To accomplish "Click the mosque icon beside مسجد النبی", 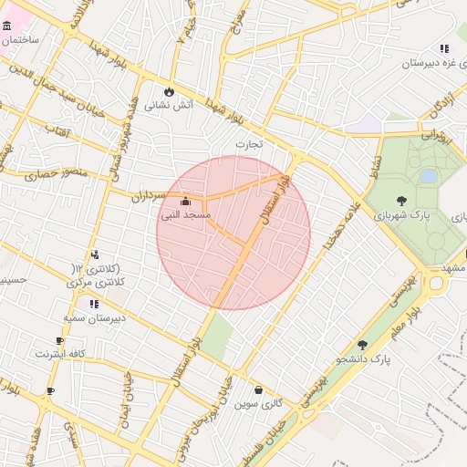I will point(186,202).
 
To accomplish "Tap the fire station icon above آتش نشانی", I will point(170,91).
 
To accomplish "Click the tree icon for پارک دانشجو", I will point(363,345).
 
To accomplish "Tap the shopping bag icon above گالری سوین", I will point(259,389).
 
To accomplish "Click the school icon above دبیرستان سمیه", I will point(93,304).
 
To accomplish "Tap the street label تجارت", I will point(249,143).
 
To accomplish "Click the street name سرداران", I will point(150,194).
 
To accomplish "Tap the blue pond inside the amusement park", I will point(429,175).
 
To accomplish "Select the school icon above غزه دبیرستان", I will point(444,48).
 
